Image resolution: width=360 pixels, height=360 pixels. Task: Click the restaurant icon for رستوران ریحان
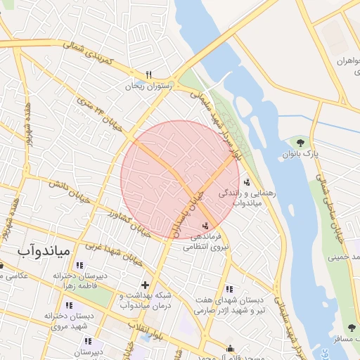click(x=148, y=75)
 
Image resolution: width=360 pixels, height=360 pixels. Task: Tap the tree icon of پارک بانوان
click(x=300, y=143)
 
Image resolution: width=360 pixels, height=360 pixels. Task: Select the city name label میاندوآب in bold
click(x=43, y=250)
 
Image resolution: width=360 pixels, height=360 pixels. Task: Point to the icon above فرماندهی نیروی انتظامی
click(x=205, y=226)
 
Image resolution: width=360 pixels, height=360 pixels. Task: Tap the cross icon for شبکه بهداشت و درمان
click(x=145, y=285)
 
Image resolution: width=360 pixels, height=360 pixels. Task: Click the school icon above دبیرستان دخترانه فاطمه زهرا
click(x=79, y=265)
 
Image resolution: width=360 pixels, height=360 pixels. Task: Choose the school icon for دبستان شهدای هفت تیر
click(x=229, y=288)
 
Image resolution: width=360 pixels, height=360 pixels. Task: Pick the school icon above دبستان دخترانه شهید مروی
click(x=68, y=305)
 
